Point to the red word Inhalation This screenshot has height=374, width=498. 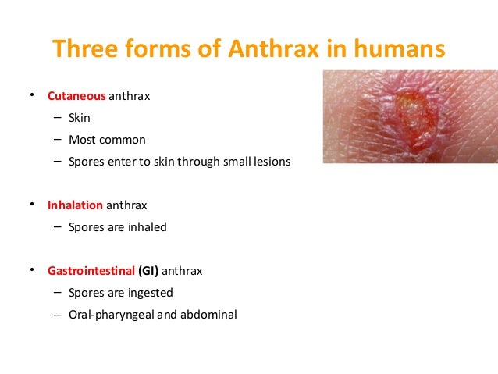click(75, 205)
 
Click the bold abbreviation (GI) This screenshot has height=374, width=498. click(151, 271)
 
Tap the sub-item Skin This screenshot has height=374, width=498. click(80, 118)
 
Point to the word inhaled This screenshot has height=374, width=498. click(148, 227)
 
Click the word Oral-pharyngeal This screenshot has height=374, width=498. click(112, 315)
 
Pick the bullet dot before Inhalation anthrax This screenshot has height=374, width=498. click(33, 204)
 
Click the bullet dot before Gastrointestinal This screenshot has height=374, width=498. click(33, 269)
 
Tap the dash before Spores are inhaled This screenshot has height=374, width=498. click(59, 227)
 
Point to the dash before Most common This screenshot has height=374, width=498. click(59, 140)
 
